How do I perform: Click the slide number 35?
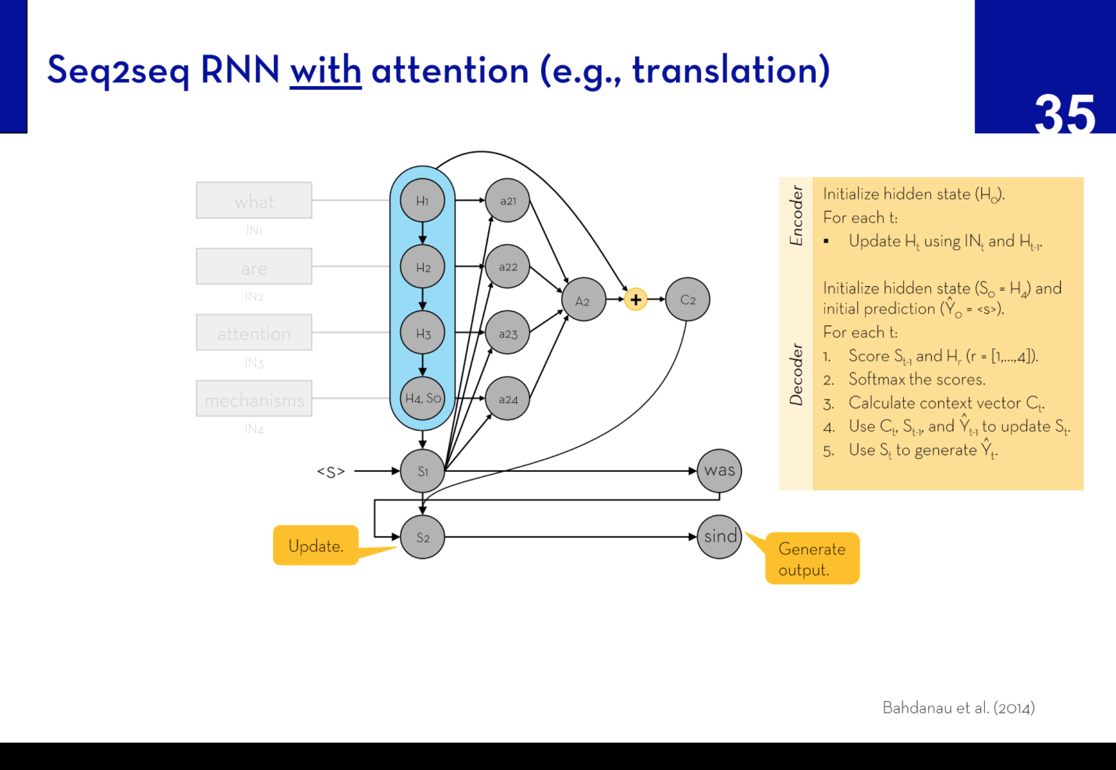1065,114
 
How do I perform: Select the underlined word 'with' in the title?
326,70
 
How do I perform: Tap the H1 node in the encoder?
422,201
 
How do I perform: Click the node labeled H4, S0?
422,398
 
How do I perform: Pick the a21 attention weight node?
507,201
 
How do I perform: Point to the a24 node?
507,399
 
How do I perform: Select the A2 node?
583,300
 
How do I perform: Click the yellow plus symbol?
635,300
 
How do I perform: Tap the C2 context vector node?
688,300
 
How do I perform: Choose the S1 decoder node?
422,471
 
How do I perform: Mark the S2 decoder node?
422,537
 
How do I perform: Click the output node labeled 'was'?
719,470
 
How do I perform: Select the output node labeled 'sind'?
719,537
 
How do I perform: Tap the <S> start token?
331,472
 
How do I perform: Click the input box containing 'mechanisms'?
254,399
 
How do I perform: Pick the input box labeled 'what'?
254,201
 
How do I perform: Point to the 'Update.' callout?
316,546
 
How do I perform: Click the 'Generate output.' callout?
812,559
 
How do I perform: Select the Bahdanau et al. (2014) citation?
958,708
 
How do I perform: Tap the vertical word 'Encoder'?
796,216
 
